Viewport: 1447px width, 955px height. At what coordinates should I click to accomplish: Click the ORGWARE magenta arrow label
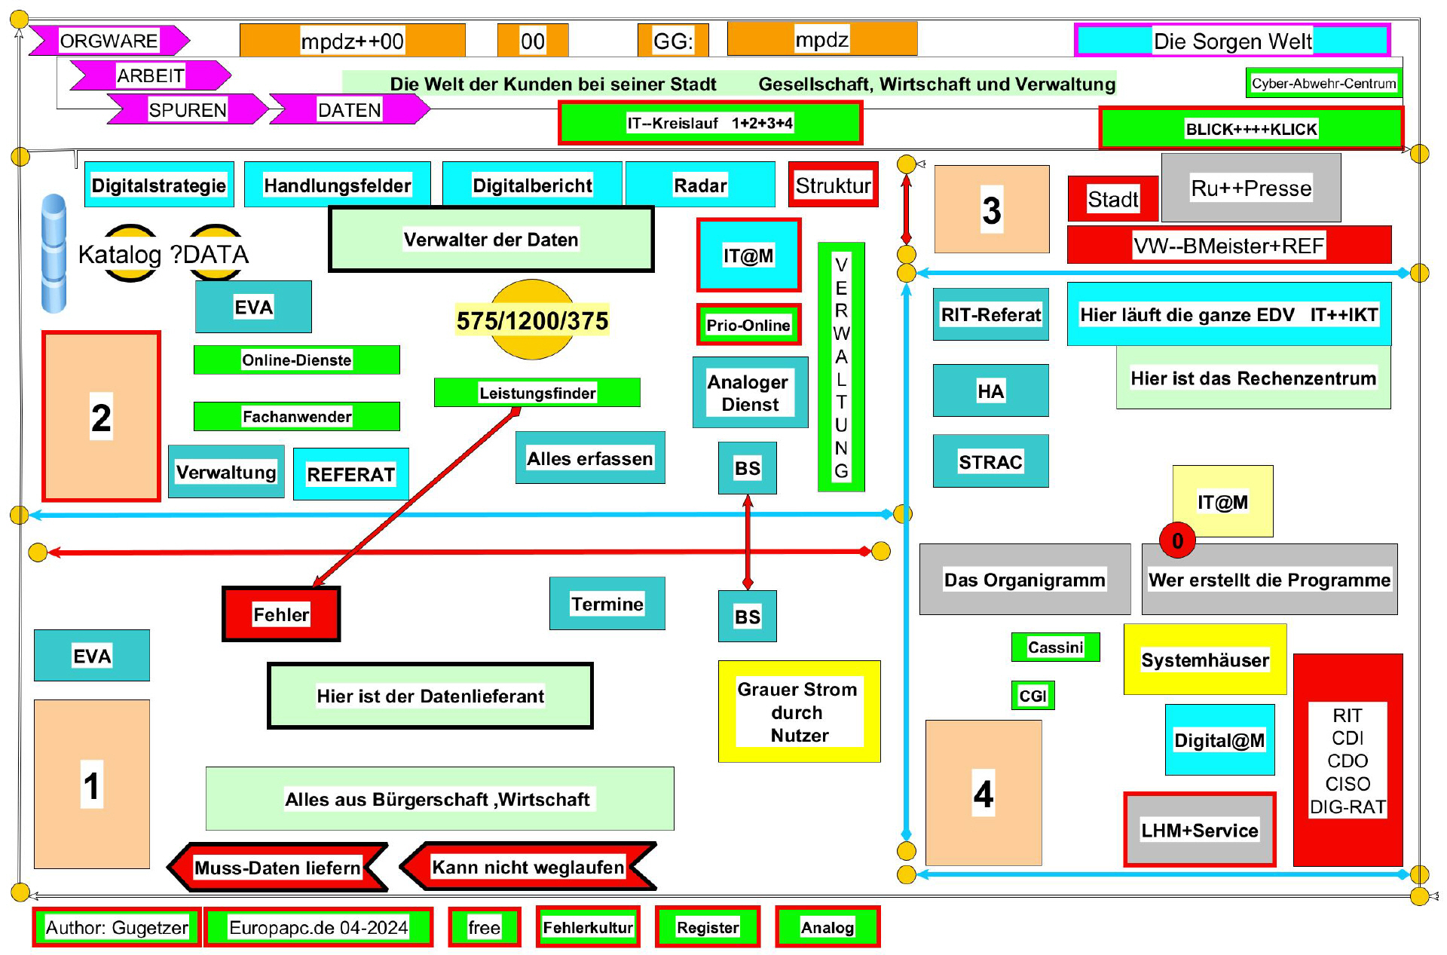[x=109, y=41]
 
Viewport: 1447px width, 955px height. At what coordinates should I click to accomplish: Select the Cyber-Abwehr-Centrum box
[x=1323, y=83]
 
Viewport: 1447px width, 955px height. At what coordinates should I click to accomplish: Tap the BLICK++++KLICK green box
[x=1251, y=129]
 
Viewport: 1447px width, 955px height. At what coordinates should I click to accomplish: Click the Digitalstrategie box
[x=159, y=185]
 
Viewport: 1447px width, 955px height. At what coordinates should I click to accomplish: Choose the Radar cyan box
[x=700, y=185]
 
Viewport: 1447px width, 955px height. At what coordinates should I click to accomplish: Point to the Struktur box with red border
[x=833, y=185]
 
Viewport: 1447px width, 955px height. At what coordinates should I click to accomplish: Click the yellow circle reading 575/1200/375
[x=532, y=320]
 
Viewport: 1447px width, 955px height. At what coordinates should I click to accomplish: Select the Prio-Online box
[x=748, y=325]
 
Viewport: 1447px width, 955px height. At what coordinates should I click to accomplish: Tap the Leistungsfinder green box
[x=537, y=393]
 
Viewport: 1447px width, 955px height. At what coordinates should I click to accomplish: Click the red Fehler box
[x=281, y=614]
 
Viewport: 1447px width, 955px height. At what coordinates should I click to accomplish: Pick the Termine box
[x=607, y=604]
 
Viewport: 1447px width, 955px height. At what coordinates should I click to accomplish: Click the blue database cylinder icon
[x=54, y=253]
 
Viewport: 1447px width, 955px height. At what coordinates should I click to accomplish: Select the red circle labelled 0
[x=1177, y=540]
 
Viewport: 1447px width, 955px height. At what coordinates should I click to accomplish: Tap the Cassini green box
[x=1055, y=647]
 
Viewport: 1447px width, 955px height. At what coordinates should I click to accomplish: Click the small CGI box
[x=1032, y=695]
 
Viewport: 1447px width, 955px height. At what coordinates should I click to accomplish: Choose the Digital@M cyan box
[x=1219, y=740]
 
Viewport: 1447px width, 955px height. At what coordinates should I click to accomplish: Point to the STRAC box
[x=990, y=461]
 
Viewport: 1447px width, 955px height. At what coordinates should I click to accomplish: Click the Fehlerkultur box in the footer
[x=588, y=927]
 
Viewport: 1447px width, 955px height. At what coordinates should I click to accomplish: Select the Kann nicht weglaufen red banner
[x=528, y=867]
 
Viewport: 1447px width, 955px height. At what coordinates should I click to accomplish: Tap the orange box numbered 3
[x=992, y=210]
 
